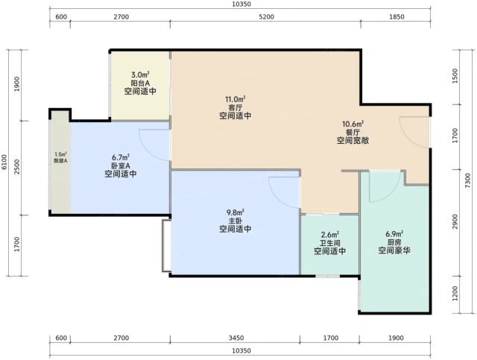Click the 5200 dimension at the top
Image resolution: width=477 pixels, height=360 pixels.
click(266, 17)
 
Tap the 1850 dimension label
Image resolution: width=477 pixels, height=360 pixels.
click(397, 17)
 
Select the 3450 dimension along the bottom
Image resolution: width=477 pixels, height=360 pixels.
click(236, 338)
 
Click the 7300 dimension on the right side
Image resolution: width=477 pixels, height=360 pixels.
click(469, 180)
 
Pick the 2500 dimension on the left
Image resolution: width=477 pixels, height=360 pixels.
click(17, 167)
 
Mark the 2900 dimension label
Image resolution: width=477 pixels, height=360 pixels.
click(455, 222)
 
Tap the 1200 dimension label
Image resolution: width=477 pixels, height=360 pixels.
click(455, 294)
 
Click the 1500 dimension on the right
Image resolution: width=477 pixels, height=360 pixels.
click(455, 76)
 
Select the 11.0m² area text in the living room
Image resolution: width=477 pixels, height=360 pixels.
click(236, 99)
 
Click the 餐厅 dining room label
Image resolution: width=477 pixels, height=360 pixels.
click(353, 133)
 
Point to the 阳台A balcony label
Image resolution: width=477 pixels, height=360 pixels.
click(140, 83)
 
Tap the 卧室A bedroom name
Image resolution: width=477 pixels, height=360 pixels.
click(121, 166)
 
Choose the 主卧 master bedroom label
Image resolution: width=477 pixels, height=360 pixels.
click(236, 221)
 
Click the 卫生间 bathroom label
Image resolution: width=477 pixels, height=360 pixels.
click(329, 243)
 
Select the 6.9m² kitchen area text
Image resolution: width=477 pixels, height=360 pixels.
click(394, 234)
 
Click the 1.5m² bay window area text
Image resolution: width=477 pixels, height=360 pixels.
click(60, 154)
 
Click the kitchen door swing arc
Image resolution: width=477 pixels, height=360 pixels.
click(391, 192)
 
